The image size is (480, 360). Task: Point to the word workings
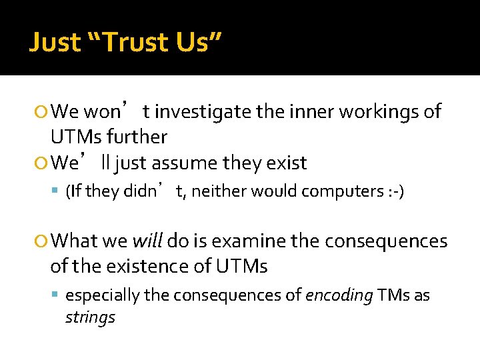coord(379,111)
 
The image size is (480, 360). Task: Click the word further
coord(140,137)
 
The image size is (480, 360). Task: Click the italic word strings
coord(90,317)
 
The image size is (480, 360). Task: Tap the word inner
coord(313,111)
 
